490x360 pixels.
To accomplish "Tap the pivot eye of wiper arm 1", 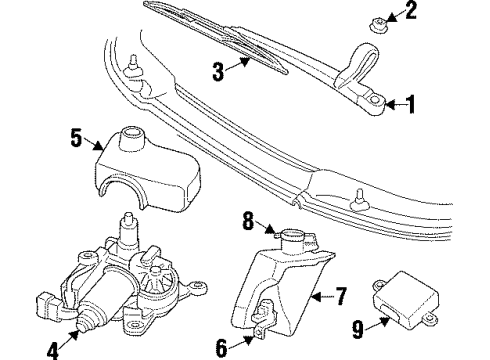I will click(376, 100).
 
